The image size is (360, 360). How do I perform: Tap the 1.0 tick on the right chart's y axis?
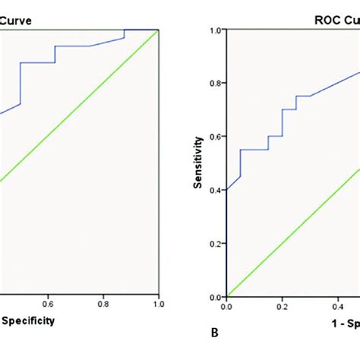(215, 30)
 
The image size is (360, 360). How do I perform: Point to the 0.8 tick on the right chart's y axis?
(215, 84)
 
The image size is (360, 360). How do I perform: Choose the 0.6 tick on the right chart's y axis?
(215, 137)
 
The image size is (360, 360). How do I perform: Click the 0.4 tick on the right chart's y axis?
(215, 190)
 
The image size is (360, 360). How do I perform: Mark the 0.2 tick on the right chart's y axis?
(215, 243)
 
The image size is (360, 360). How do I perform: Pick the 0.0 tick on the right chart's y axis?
(215, 296)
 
